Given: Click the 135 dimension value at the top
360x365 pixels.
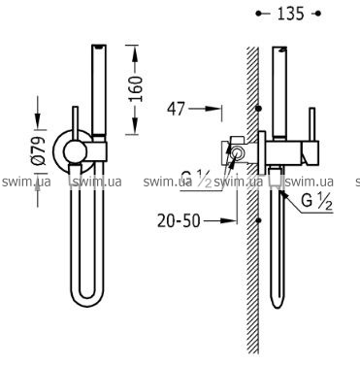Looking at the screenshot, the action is (291, 14).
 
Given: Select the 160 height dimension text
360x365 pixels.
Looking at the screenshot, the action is (136, 88).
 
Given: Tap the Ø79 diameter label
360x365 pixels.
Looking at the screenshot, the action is (39, 151).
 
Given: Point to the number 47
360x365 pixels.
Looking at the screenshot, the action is (176, 109).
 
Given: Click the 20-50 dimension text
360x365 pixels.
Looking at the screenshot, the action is (179, 221).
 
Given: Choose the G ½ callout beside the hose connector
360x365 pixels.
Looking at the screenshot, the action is (317, 201).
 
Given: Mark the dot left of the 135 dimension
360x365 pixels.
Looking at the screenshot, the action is (259, 14).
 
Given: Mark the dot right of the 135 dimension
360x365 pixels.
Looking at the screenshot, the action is (318, 14).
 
